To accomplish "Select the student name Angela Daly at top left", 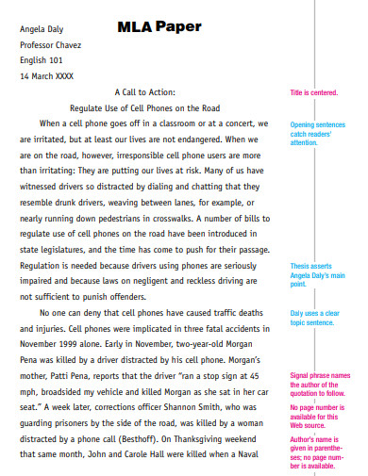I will point(45,28).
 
